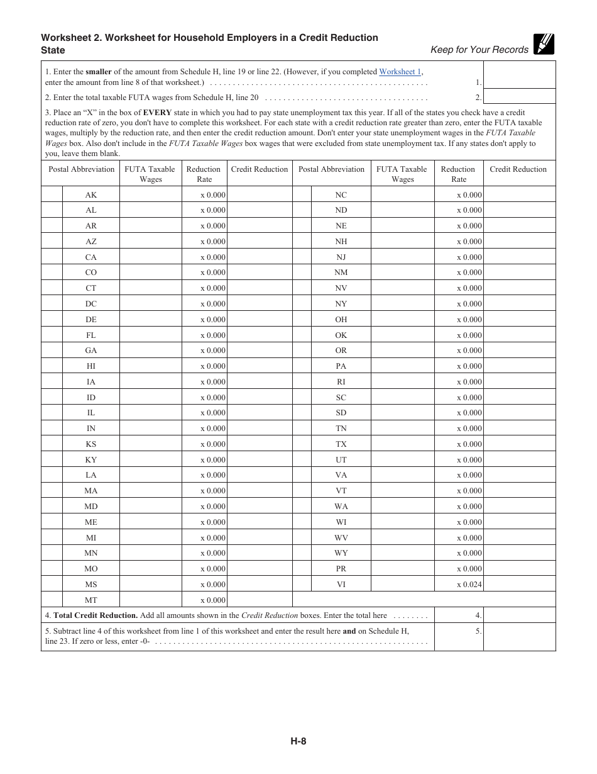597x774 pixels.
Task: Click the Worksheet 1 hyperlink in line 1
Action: point(400,72)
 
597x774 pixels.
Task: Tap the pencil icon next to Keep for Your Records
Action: point(544,44)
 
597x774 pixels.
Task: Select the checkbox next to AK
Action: point(52,194)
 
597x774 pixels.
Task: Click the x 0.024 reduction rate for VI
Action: point(469,585)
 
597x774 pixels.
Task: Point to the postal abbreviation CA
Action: point(91,257)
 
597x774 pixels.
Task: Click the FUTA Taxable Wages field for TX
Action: point(402,444)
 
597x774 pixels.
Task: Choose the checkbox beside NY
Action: point(302,304)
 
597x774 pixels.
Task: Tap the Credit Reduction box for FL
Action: point(259,335)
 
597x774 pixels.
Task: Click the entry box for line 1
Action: point(519,75)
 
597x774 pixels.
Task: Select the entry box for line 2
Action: point(519,97)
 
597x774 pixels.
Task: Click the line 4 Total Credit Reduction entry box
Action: point(519,615)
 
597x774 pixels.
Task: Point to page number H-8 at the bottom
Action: point(298,741)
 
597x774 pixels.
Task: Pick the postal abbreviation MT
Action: point(91,600)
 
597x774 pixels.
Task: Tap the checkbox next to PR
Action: point(302,569)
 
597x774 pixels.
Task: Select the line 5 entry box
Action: point(519,637)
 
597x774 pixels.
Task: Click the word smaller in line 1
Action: point(99,72)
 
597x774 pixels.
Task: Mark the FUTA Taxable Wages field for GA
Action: point(150,351)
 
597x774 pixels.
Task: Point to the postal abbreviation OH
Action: point(341,320)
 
